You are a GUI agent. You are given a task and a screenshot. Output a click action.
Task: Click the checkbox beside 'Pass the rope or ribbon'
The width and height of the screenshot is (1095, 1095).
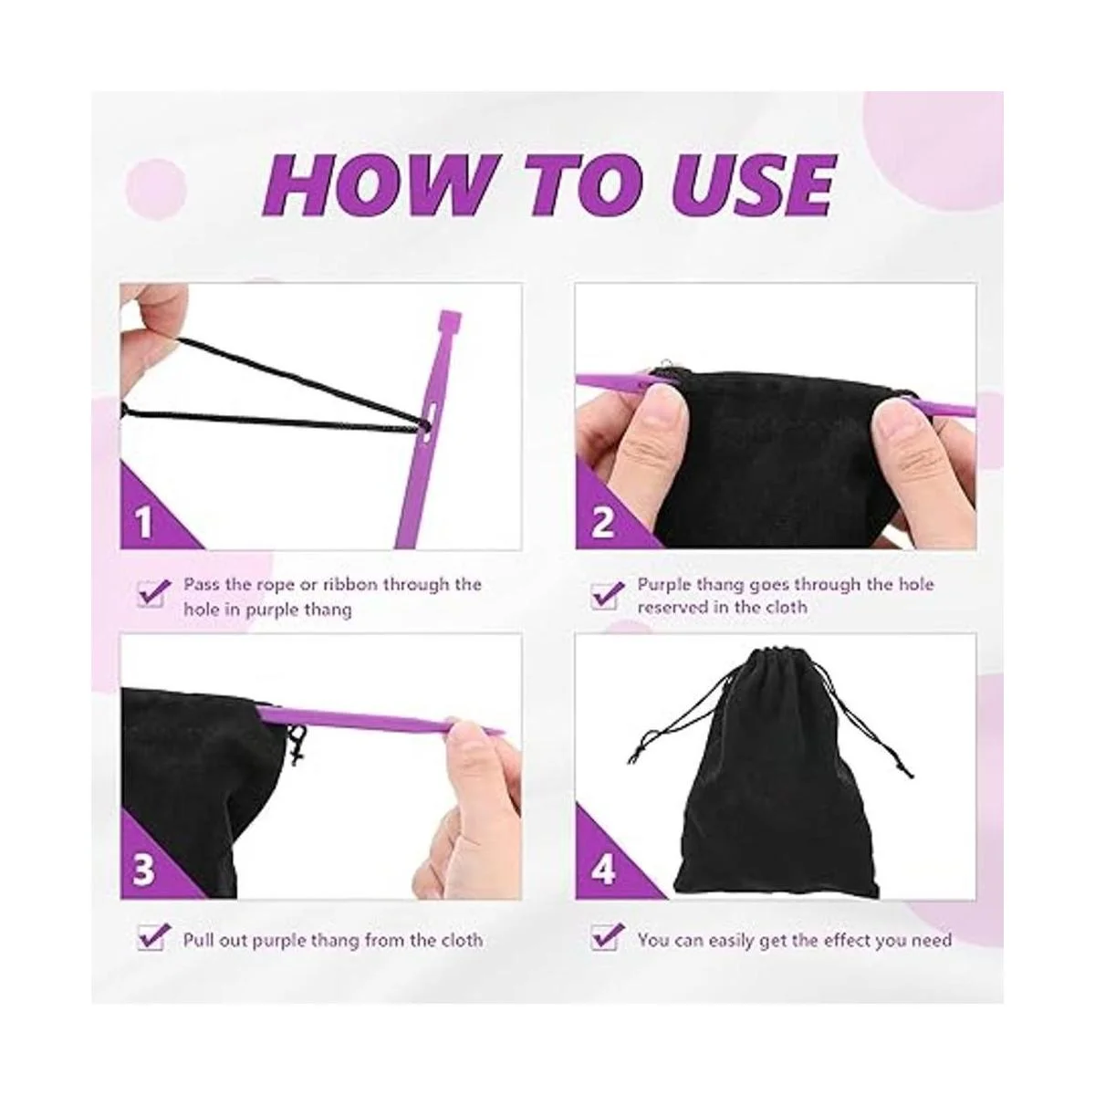pyautogui.click(x=152, y=594)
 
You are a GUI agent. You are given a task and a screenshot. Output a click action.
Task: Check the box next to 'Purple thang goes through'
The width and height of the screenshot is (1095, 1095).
pyautogui.click(x=606, y=595)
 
